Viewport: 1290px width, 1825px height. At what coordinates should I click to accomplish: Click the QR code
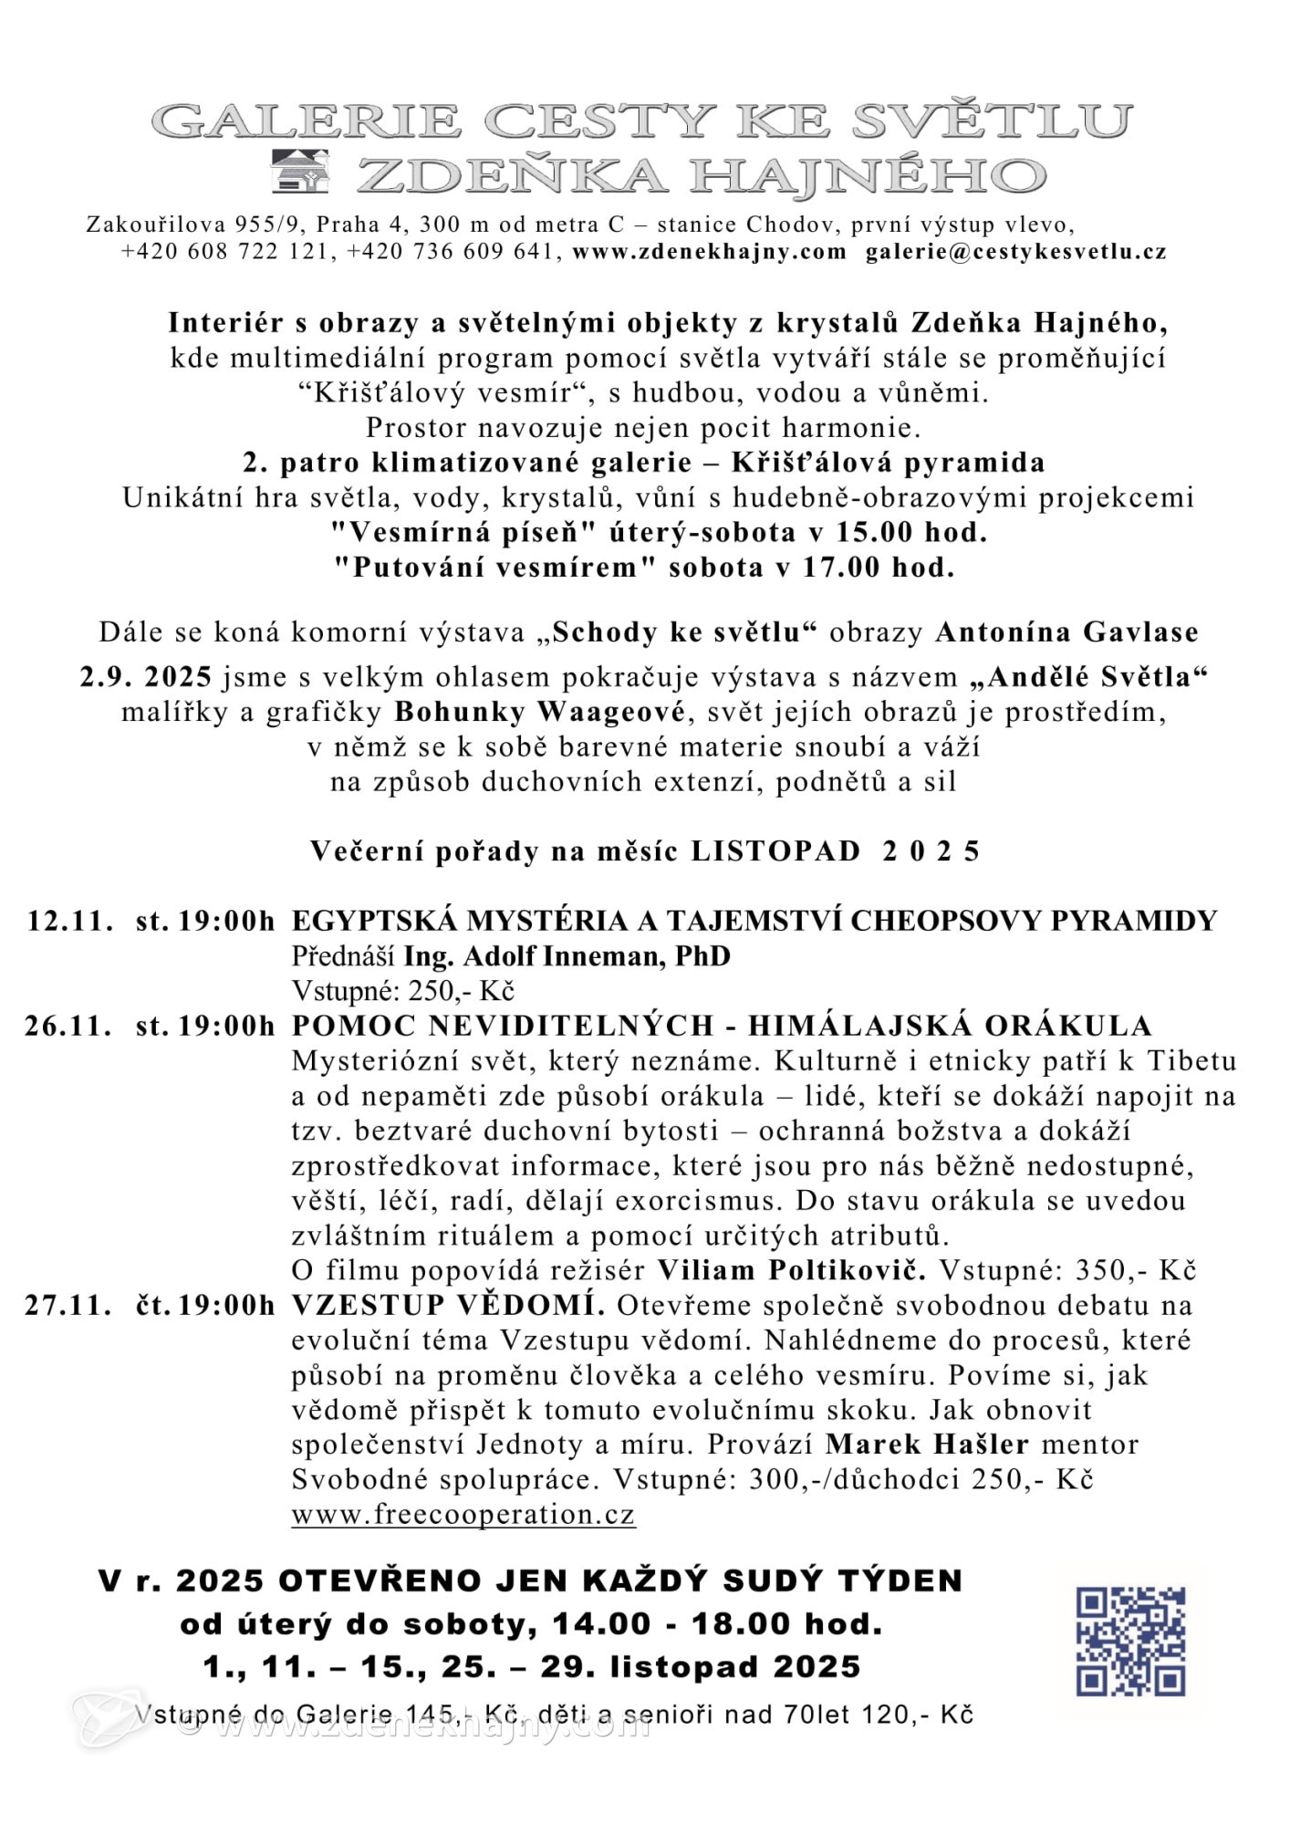click(1130, 1641)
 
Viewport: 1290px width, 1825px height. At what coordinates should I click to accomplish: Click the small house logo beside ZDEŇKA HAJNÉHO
click(300, 171)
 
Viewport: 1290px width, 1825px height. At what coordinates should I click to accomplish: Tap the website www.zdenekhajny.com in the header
click(709, 252)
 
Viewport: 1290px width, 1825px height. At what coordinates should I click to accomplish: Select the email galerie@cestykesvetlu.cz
click(1015, 252)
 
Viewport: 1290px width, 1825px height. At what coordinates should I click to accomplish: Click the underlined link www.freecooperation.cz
click(463, 1515)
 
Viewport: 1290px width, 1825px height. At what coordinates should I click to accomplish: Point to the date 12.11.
click(70, 921)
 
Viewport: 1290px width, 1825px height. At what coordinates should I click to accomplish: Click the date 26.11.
click(68, 1026)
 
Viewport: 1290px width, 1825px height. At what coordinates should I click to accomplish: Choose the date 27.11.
click(68, 1306)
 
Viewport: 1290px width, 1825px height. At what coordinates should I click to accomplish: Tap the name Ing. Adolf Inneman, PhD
click(567, 956)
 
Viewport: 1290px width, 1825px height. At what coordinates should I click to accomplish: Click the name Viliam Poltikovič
click(791, 1270)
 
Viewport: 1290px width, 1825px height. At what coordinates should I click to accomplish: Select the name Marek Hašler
click(927, 1444)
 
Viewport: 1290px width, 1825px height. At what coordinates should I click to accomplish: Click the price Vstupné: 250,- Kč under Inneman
click(402, 991)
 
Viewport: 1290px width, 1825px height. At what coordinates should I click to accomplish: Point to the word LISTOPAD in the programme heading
click(775, 851)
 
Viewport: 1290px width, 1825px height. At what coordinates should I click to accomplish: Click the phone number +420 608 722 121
click(224, 252)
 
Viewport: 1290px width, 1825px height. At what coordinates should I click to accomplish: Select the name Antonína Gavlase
click(1066, 632)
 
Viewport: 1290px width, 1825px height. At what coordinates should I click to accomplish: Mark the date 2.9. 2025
click(146, 677)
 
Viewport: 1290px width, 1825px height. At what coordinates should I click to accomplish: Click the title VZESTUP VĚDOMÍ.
click(447, 1306)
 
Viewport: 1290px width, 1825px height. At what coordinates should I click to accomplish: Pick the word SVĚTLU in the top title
click(994, 121)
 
